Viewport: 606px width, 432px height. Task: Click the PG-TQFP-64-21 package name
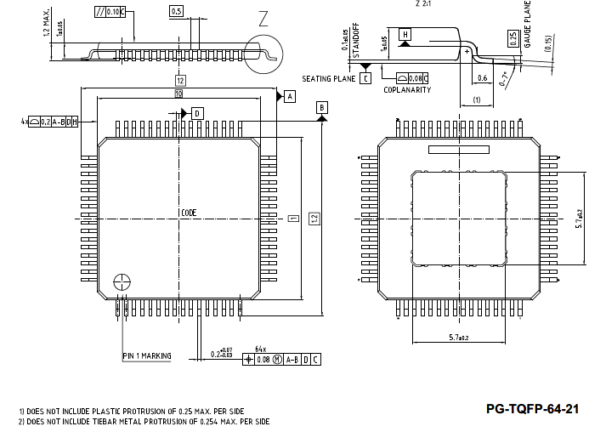coord(532,409)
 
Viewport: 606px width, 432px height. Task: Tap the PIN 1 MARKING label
coord(146,355)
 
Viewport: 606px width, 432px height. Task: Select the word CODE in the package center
coord(189,213)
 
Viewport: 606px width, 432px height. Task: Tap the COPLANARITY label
coord(407,89)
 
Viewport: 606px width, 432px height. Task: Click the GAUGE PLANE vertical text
coord(528,26)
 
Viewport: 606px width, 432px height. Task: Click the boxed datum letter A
coord(289,97)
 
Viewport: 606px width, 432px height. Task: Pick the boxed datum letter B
coord(322,107)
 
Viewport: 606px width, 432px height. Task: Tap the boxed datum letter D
coord(197,113)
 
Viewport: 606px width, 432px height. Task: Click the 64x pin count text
coord(261,349)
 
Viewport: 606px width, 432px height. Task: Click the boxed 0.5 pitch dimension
coord(176,12)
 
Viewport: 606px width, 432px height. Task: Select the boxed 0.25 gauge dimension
coord(513,37)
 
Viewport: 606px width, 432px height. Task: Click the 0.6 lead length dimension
coord(482,78)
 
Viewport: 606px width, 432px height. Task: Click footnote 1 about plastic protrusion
coord(131,411)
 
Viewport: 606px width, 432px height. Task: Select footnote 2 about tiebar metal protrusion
coord(144,422)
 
